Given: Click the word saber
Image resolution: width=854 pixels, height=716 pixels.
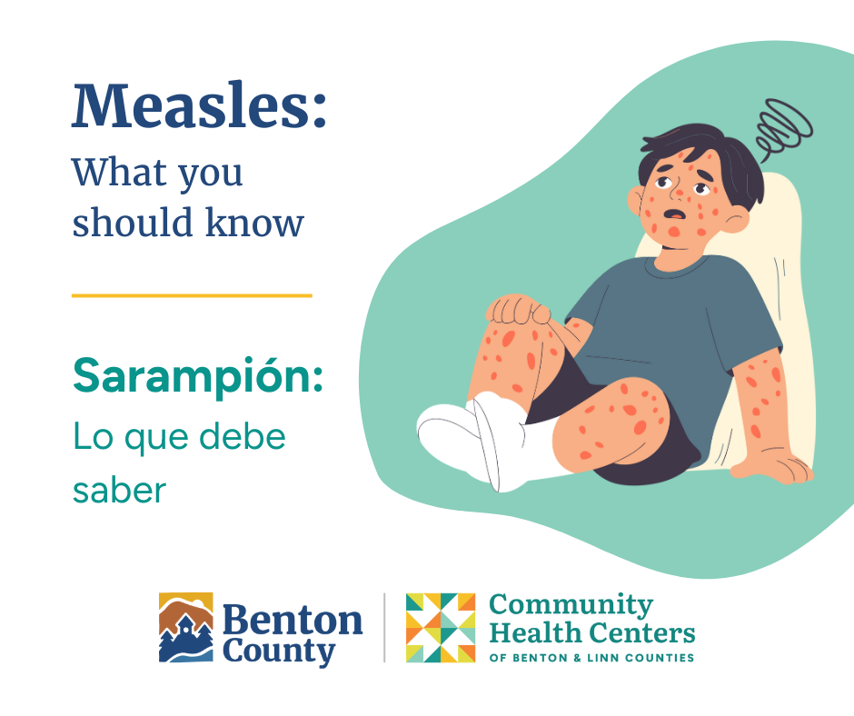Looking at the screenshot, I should [119, 490].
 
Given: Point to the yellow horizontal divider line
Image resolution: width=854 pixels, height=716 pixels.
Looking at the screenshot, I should [192, 295].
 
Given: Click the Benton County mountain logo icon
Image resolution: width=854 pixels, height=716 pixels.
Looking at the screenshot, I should [186, 628].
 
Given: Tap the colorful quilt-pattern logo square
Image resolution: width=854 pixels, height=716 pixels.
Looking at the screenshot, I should [441, 628].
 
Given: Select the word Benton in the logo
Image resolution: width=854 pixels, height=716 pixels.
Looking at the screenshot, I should [292, 621].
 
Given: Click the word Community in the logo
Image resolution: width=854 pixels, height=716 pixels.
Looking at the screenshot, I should [571, 605].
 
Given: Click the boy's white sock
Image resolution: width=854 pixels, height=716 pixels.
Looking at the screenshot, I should [472, 436].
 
